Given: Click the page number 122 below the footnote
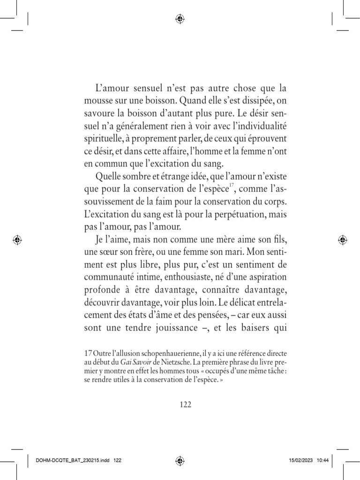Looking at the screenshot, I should tap(185, 405).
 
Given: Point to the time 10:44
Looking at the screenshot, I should tap(322, 461).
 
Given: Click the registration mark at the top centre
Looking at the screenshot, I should tap(180, 19).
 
